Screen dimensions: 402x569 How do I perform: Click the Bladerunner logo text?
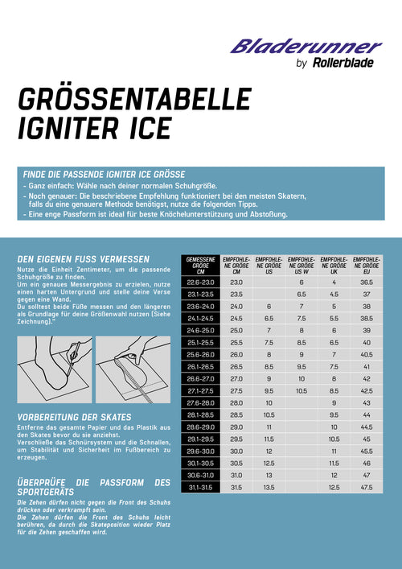tap(306, 46)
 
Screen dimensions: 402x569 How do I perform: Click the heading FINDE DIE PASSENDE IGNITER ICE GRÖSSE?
tap(105, 174)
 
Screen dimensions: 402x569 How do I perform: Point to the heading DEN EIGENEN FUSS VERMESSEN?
tap(83, 258)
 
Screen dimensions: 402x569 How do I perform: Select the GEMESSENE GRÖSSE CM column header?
tap(201, 265)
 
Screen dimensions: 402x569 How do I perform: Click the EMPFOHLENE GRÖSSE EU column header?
tap(367, 265)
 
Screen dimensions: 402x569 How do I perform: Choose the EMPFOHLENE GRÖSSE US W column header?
tap(301, 265)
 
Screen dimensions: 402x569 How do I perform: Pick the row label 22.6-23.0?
tap(201, 282)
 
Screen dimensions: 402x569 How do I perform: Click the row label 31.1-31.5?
tap(201, 487)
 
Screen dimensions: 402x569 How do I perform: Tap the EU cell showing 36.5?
tap(367, 282)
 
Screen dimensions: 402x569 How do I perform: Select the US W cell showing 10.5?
tap(301, 390)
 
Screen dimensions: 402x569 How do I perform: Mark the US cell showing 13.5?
tap(269, 487)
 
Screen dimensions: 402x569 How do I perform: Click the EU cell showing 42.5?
tap(367, 390)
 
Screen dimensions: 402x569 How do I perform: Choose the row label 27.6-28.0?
tap(201, 402)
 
